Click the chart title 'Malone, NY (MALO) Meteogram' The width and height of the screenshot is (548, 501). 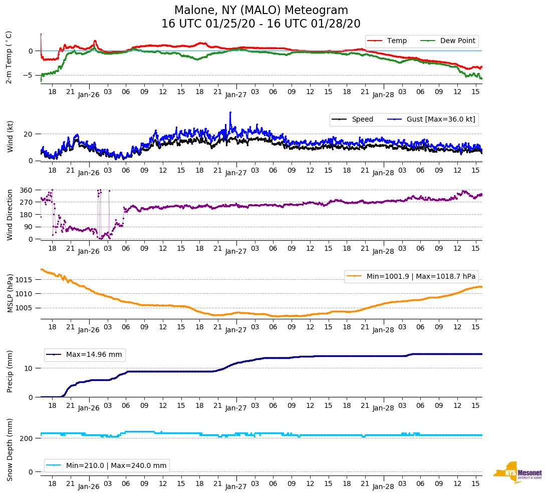261,11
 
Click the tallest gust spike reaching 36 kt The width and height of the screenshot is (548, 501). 230,113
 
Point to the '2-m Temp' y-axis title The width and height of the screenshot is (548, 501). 9,57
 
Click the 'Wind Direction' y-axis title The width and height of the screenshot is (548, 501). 9,215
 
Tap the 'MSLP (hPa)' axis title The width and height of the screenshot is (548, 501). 9,293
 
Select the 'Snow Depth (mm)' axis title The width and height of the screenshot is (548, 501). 9,449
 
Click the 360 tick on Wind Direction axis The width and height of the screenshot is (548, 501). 27,190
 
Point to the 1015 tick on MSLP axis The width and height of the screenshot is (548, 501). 25,279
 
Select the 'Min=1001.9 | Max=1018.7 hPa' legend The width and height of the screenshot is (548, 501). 410,276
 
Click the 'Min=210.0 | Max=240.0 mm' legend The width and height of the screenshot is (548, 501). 107,465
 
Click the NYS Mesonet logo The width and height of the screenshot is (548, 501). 518,472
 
